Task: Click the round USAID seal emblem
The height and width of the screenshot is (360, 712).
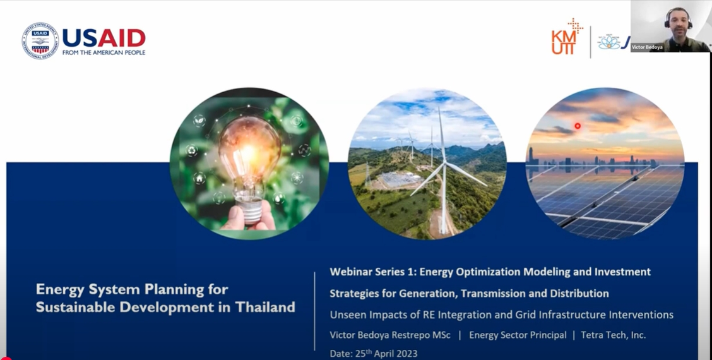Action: (x=40, y=41)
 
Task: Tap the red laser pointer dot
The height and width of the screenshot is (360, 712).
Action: (x=578, y=126)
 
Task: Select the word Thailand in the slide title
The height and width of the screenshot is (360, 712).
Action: (x=265, y=308)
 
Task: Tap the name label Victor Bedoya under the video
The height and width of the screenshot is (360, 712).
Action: (x=646, y=47)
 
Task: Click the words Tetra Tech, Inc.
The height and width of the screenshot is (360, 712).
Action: (x=613, y=335)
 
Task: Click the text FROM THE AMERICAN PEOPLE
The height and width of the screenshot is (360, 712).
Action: (x=104, y=52)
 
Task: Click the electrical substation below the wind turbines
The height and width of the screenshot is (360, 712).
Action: (x=400, y=181)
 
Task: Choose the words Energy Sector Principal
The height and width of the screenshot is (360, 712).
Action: (x=518, y=335)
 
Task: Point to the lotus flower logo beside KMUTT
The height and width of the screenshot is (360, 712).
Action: (x=609, y=42)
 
